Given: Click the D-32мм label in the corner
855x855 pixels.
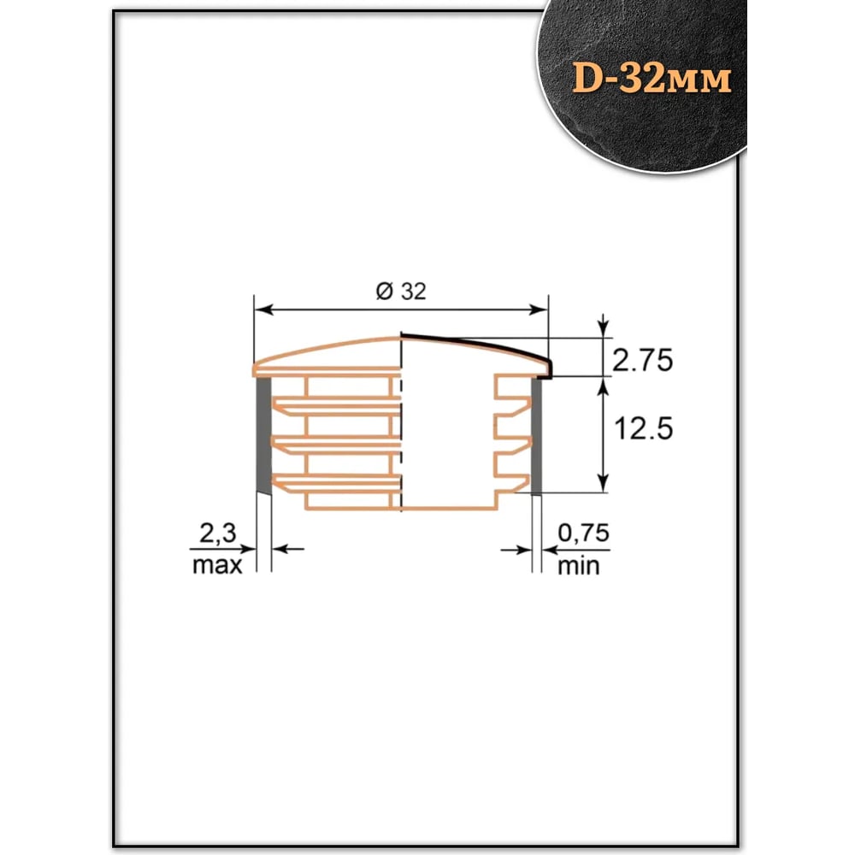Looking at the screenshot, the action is pos(652,79).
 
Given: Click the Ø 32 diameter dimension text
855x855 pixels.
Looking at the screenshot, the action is pos(401,292).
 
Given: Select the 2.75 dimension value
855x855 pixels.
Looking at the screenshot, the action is pos(642,361).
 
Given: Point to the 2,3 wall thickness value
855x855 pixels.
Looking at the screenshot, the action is pos(217,533).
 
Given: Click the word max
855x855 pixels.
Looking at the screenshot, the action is pos(217,565).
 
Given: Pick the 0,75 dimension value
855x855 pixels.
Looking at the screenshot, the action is pos(583,533).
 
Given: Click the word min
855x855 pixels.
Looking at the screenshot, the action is pos(579,566).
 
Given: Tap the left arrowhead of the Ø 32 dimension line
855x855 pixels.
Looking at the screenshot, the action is pos(264,310).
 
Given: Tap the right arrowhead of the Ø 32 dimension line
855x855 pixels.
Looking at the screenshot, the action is pos(538,310).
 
